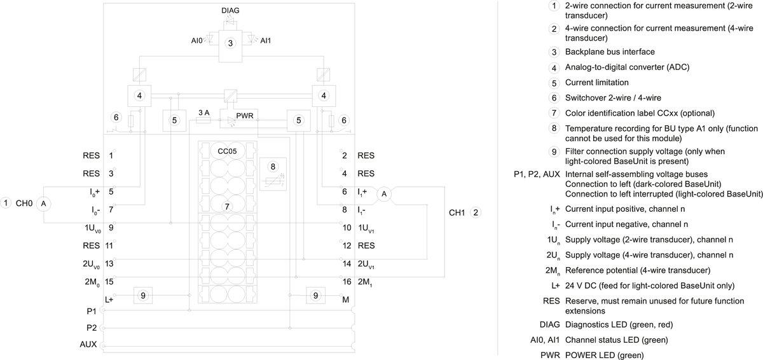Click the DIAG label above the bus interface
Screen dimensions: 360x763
(x=231, y=11)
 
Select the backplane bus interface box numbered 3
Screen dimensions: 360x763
(x=231, y=44)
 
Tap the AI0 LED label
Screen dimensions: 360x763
(x=196, y=41)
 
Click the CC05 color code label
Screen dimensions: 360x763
(x=227, y=151)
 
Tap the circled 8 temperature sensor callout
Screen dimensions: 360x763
(x=273, y=167)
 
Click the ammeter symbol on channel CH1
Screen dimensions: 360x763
(x=384, y=195)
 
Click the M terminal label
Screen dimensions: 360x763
(x=346, y=299)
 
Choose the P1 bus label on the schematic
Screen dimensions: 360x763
(x=91, y=312)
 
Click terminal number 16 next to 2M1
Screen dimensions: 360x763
(x=347, y=282)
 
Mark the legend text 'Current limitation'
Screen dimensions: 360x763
(x=596, y=82)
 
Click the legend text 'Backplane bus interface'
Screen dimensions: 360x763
(x=610, y=52)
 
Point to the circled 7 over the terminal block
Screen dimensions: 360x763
(x=226, y=206)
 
